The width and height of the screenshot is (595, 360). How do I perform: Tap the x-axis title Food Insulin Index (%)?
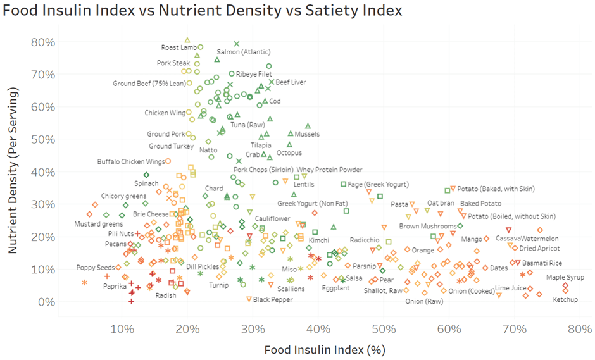click(324, 349)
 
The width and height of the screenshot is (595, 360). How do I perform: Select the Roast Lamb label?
click(179, 47)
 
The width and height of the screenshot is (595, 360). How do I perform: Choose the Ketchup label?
click(565, 299)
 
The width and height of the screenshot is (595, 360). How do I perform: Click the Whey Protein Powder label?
click(330, 170)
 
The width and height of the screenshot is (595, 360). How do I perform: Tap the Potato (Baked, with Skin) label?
click(496, 189)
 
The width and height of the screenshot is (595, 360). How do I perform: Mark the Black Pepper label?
click(274, 299)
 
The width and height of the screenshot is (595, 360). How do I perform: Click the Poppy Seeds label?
click(96, 268)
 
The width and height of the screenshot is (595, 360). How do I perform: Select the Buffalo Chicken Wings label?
click(131, 162)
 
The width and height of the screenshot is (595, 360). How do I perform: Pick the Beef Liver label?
click(291, 82)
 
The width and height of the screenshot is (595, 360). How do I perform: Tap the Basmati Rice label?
click(542, 263)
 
